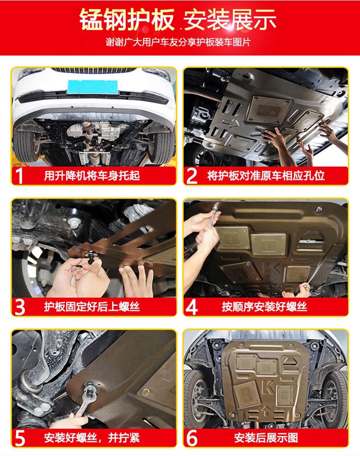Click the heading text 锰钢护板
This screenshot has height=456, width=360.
[x=127, y=20]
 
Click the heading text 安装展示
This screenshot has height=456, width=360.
[x=230, y=20]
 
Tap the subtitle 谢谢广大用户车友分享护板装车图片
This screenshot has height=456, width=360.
[x=178, y=43]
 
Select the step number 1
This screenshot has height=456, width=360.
[x=19, y=175]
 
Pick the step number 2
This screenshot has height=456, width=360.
[x=192, y=175]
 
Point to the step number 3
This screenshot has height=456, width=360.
[x=20, y=307]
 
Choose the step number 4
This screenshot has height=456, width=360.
[x=192, y=307]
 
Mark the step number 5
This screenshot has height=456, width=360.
[x=20, y=438]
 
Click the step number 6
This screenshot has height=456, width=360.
[x=192, y=438]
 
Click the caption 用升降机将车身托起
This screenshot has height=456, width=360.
[x=92, y=175]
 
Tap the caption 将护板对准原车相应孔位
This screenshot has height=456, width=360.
[x=266, y=175]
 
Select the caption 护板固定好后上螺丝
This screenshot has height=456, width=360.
[x=92, y=307]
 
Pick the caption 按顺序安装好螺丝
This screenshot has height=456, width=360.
[x=264, y=307]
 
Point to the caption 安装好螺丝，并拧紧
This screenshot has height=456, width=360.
[x=92, y=438]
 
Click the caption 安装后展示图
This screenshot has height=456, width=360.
[x=266, y=438]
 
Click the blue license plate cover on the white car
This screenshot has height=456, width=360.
[x=93, y=87]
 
